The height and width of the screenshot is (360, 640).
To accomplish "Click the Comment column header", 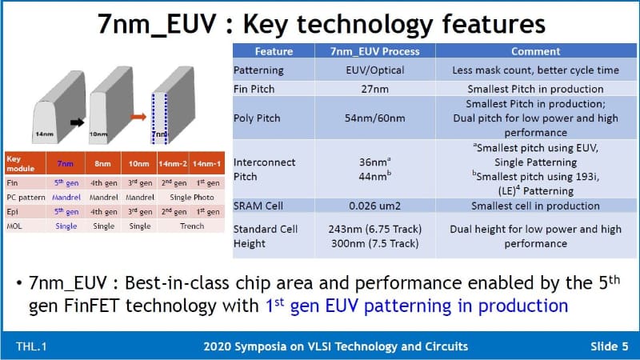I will (x=535, y=51).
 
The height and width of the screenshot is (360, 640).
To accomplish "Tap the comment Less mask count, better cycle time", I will (x=535, y=70).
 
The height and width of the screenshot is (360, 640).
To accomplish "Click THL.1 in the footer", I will (x=31, y=346).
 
